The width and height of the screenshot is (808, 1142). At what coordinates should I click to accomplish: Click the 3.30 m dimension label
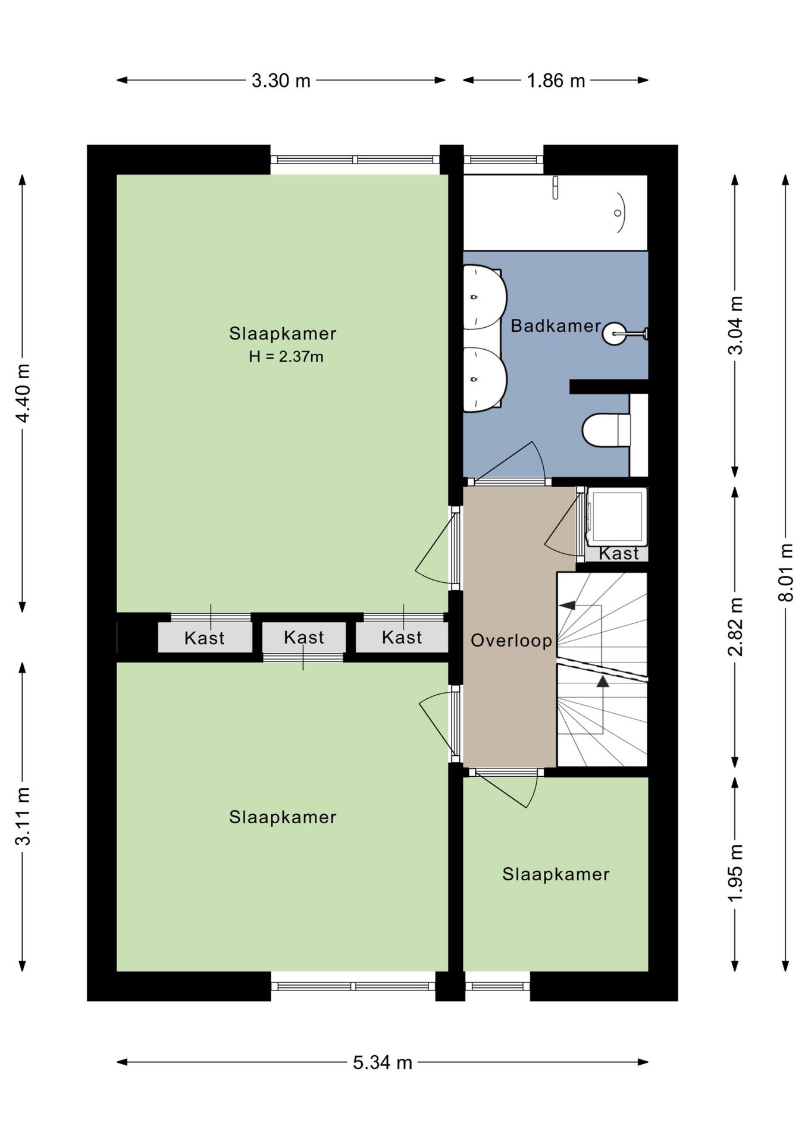point(281,80)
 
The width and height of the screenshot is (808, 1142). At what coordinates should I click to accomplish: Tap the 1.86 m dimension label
point(556,80)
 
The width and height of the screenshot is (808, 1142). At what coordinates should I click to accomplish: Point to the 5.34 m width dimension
point(382,1062)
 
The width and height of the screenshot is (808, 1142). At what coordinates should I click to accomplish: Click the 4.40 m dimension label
point(23,393)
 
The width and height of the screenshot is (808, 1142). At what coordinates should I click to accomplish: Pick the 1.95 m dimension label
point(735,873)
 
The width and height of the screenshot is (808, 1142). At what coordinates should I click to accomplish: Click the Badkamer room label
point(556,326)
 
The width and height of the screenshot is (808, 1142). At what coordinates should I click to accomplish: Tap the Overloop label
point(511,641)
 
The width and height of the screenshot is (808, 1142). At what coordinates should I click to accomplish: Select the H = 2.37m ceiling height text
point(286,357)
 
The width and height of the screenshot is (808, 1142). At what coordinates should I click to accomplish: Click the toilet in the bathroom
point(606,429)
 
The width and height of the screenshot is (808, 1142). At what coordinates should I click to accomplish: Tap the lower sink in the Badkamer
point(485,379)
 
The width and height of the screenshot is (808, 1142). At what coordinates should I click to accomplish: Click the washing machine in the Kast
point(616,516)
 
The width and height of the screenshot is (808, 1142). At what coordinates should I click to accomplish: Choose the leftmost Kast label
point(205,638)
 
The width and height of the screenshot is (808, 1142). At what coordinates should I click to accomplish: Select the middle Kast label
point(304,638)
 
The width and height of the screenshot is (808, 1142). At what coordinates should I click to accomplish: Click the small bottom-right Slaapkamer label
point(556,874)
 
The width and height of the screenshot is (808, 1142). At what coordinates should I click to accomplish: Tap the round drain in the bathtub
point(618,213)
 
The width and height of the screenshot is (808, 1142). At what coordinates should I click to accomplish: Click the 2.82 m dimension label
point(735,627)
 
